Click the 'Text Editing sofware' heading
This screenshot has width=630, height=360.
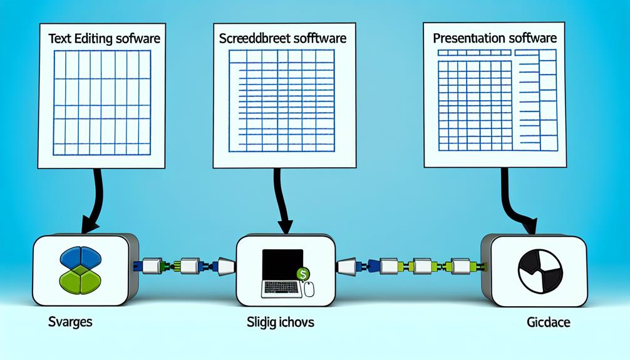[104, 39]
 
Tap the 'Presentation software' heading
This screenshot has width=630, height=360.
[495, 38]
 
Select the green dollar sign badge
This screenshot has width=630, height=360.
[302, 273]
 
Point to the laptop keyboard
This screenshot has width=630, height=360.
[279, 288]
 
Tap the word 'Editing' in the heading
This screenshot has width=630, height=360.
[96, 39]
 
